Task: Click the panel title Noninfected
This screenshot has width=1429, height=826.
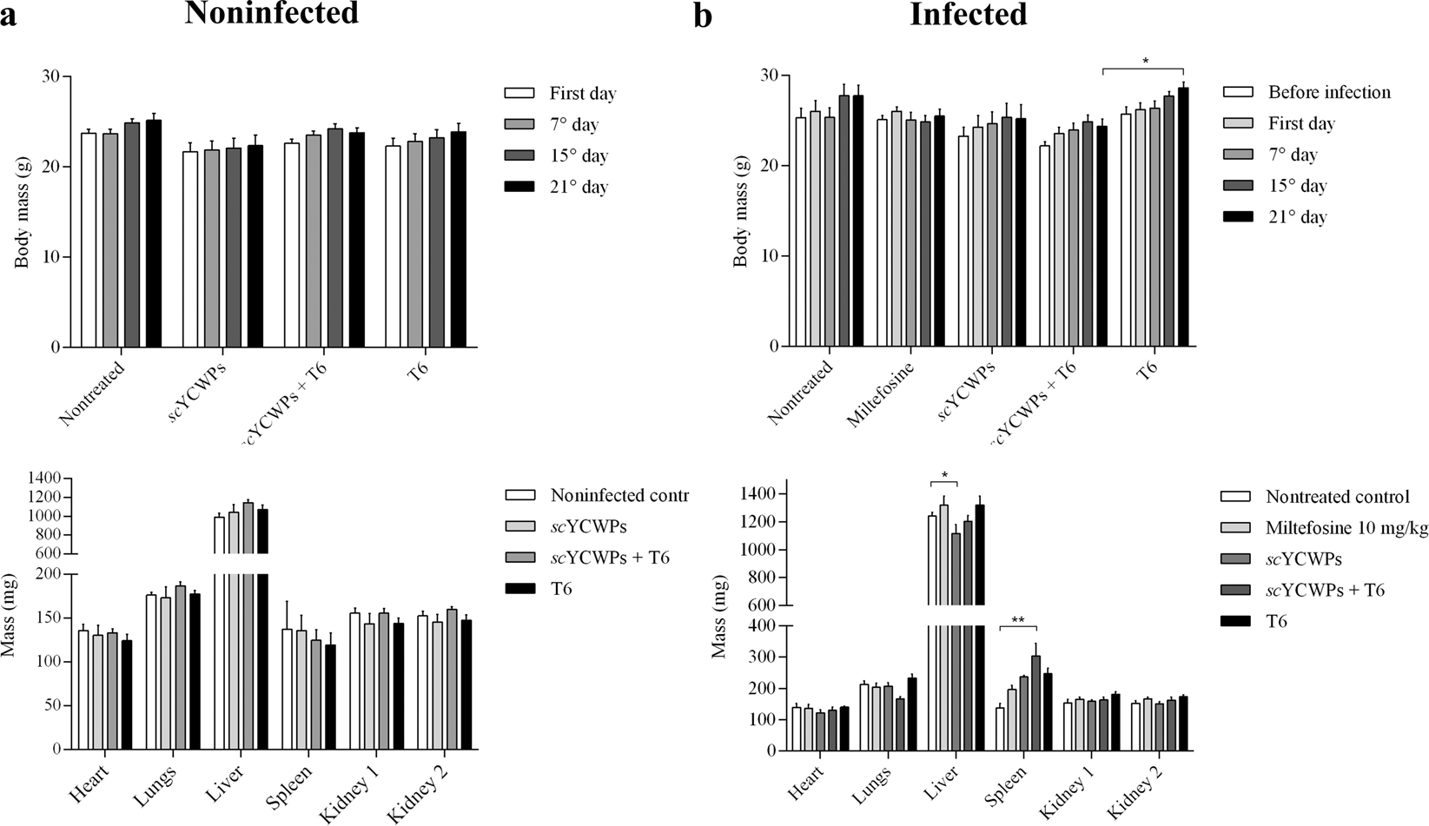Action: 271,14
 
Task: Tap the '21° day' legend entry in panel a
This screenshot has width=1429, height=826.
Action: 578,187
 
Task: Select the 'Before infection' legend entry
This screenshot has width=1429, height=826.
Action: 1328,92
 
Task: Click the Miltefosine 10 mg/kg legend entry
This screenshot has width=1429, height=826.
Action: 1346,528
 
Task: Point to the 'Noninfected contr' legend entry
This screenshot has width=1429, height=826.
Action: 619,495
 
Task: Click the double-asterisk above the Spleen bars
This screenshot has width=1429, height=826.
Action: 1018,620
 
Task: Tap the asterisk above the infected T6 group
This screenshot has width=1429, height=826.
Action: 1145,62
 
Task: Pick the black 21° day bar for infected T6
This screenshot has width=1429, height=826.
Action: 1182,217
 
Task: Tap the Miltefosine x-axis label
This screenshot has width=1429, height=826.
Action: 880,396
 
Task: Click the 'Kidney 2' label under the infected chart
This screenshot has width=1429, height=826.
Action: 1135,796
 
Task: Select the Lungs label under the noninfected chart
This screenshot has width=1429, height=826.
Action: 155,786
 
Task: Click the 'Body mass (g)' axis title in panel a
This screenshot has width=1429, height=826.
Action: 22,213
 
